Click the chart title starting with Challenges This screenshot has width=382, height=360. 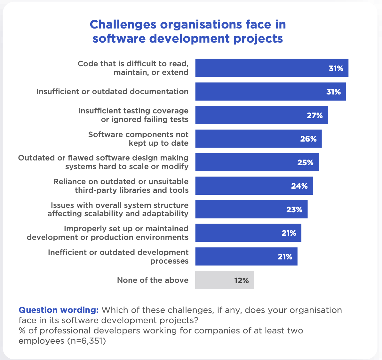tap(187, 31)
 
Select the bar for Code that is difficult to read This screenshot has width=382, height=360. tap(272, 68)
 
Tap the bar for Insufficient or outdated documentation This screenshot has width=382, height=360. tap(270, 92)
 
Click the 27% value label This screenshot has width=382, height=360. tap(315, 116)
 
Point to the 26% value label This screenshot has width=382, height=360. tap(308, 139)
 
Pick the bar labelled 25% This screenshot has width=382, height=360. tap(257, 162)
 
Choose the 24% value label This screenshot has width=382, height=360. tap(299, 186)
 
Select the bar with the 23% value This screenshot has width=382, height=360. tap(251, 209)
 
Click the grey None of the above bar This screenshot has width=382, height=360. tap(224, 280)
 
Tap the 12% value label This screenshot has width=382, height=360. tap(241, 281)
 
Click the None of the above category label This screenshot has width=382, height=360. tap(153, 280)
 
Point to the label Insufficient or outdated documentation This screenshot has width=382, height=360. tap(112, 92)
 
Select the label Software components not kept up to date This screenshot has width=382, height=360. tap(138, 139)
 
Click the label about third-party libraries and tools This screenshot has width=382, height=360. tap(121, 186)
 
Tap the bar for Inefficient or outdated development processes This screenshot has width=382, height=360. tap(246, 257)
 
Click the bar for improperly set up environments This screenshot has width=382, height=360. tap(248, 233)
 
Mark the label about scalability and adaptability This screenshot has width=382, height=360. tap(118, 209)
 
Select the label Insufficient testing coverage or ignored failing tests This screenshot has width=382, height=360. tap(133, 115)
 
